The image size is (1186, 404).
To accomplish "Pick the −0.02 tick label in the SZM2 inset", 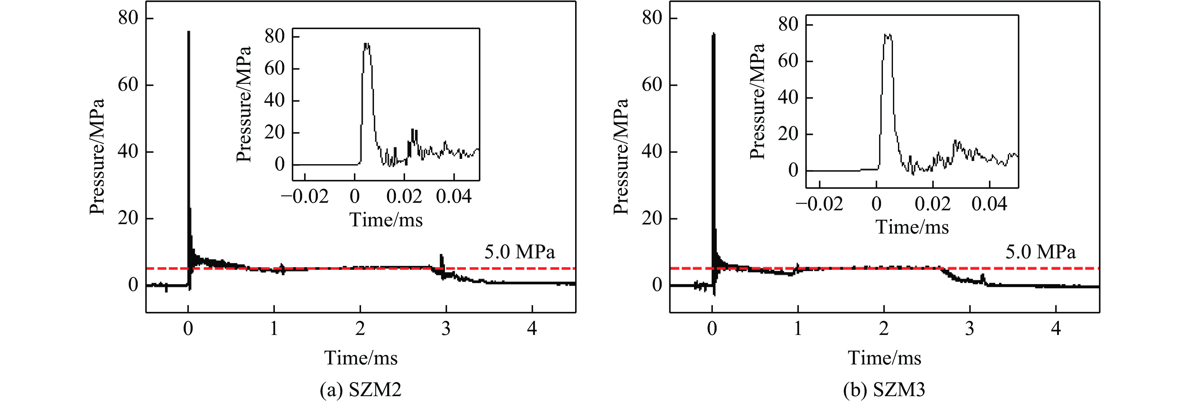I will point(305,197).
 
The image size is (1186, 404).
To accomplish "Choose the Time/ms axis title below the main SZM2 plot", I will point(361,358).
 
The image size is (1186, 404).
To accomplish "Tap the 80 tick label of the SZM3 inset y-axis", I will point(788,24).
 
